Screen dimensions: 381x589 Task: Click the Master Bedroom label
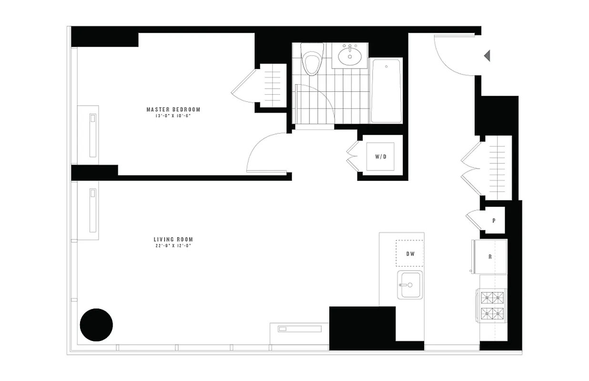click(173, 110)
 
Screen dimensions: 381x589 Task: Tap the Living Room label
click(173, 240)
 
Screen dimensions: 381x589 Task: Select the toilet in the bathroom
click(313, 62)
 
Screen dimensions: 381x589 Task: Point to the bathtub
click(386, 90)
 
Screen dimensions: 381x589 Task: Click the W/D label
click(380, 157)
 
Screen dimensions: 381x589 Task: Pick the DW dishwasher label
click(410, 254)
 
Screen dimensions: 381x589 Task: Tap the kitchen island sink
click(410, 285)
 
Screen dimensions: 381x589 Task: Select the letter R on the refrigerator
click(490, 257)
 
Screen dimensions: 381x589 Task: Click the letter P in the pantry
click(494, 221)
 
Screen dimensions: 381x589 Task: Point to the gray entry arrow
click(487, 56)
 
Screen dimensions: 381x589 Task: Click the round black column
click(96, 325)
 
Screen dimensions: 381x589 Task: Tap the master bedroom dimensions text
click(173, 116)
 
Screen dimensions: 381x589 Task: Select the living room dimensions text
click(173, 246)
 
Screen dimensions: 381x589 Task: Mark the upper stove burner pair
click(493, 298)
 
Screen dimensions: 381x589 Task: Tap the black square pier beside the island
click(363, 329)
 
